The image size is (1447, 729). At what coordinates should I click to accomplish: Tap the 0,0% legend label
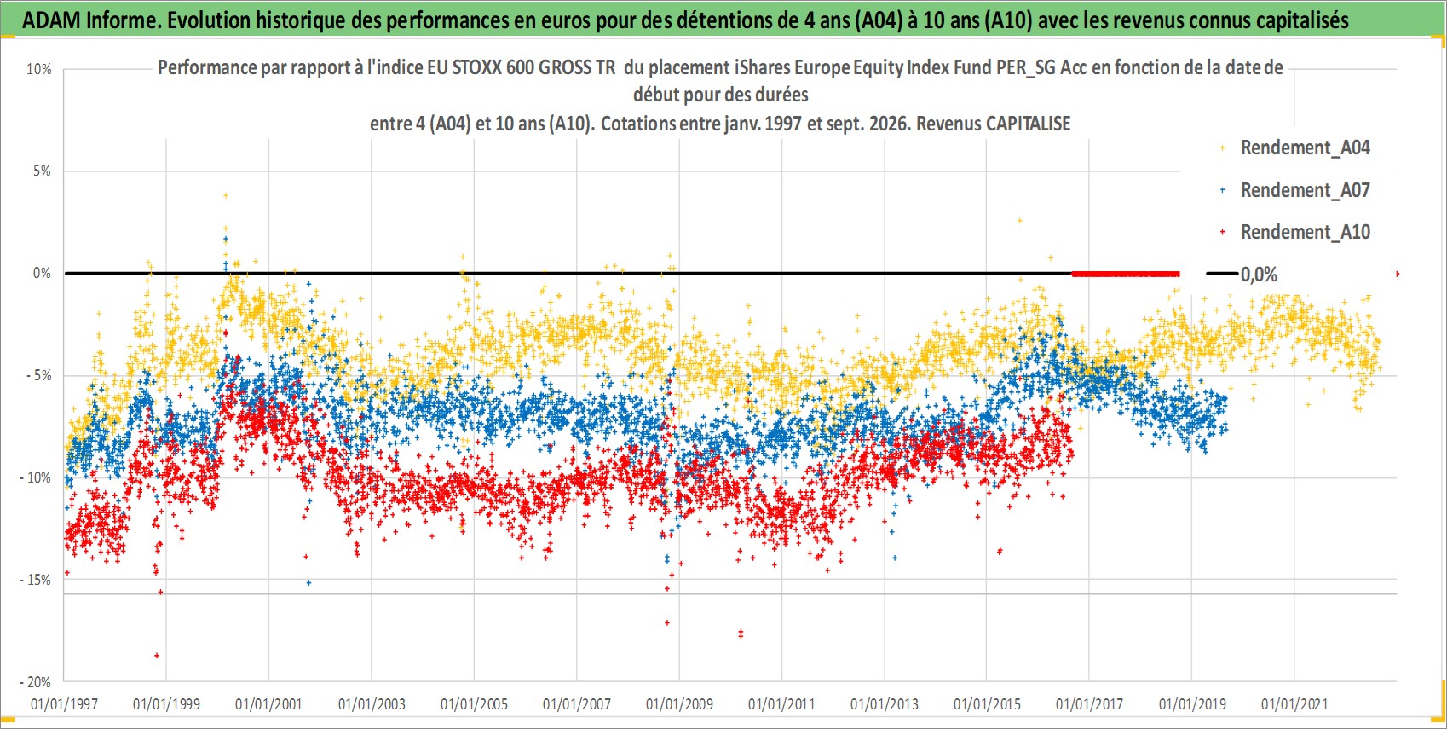click(x=1259, y=275)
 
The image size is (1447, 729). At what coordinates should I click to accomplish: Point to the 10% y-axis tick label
click(x=38, y=69)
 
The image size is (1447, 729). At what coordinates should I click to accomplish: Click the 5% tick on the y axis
click(x=42, y=171)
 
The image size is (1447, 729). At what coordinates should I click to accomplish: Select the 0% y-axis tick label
click(x=42, y=274)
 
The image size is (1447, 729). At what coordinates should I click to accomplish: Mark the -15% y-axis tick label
click(x=36, y=580)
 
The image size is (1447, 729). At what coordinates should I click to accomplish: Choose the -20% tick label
click(x=36, y=682)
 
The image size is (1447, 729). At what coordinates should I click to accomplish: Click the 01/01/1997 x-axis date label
click(x=64, y=703)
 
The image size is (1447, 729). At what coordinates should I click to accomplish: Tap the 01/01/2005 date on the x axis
click(x=474, y=703)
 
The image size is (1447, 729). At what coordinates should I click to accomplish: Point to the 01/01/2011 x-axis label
click(x=781, y=703)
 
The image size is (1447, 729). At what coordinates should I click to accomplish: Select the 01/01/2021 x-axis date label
click(x=1294, y=703)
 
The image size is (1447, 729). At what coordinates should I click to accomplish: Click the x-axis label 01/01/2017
click(x=1090, y=703)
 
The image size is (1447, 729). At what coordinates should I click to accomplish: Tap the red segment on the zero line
click(x=1125, y=274)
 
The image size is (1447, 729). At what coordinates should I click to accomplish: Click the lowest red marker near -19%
click(x=157, y=656)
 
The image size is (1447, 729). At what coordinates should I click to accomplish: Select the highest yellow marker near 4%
click(x=226, y=195)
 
